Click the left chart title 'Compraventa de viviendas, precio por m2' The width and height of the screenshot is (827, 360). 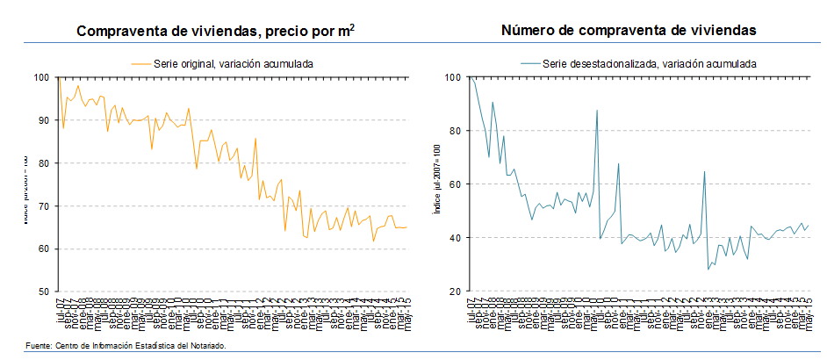point(215,32)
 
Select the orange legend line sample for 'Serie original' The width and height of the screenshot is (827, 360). point(140,63)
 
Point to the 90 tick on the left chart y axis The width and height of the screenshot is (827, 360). point(42,120)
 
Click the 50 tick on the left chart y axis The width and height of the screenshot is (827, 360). point(42,292)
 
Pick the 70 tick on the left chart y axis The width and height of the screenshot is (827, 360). point(42,206)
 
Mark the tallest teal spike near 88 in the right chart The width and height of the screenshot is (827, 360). point(597,111)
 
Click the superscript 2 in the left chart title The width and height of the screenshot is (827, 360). point(351,26)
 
